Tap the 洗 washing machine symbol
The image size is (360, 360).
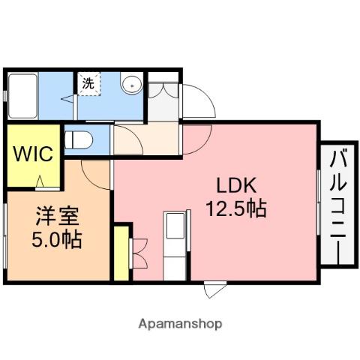(88, 84)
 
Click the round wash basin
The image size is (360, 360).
(132, 84)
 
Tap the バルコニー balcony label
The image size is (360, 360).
(337, 202)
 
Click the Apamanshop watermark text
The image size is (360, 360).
(180, 324)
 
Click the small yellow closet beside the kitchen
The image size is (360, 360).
(121, 253)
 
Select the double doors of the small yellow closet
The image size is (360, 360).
(139, 253)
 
